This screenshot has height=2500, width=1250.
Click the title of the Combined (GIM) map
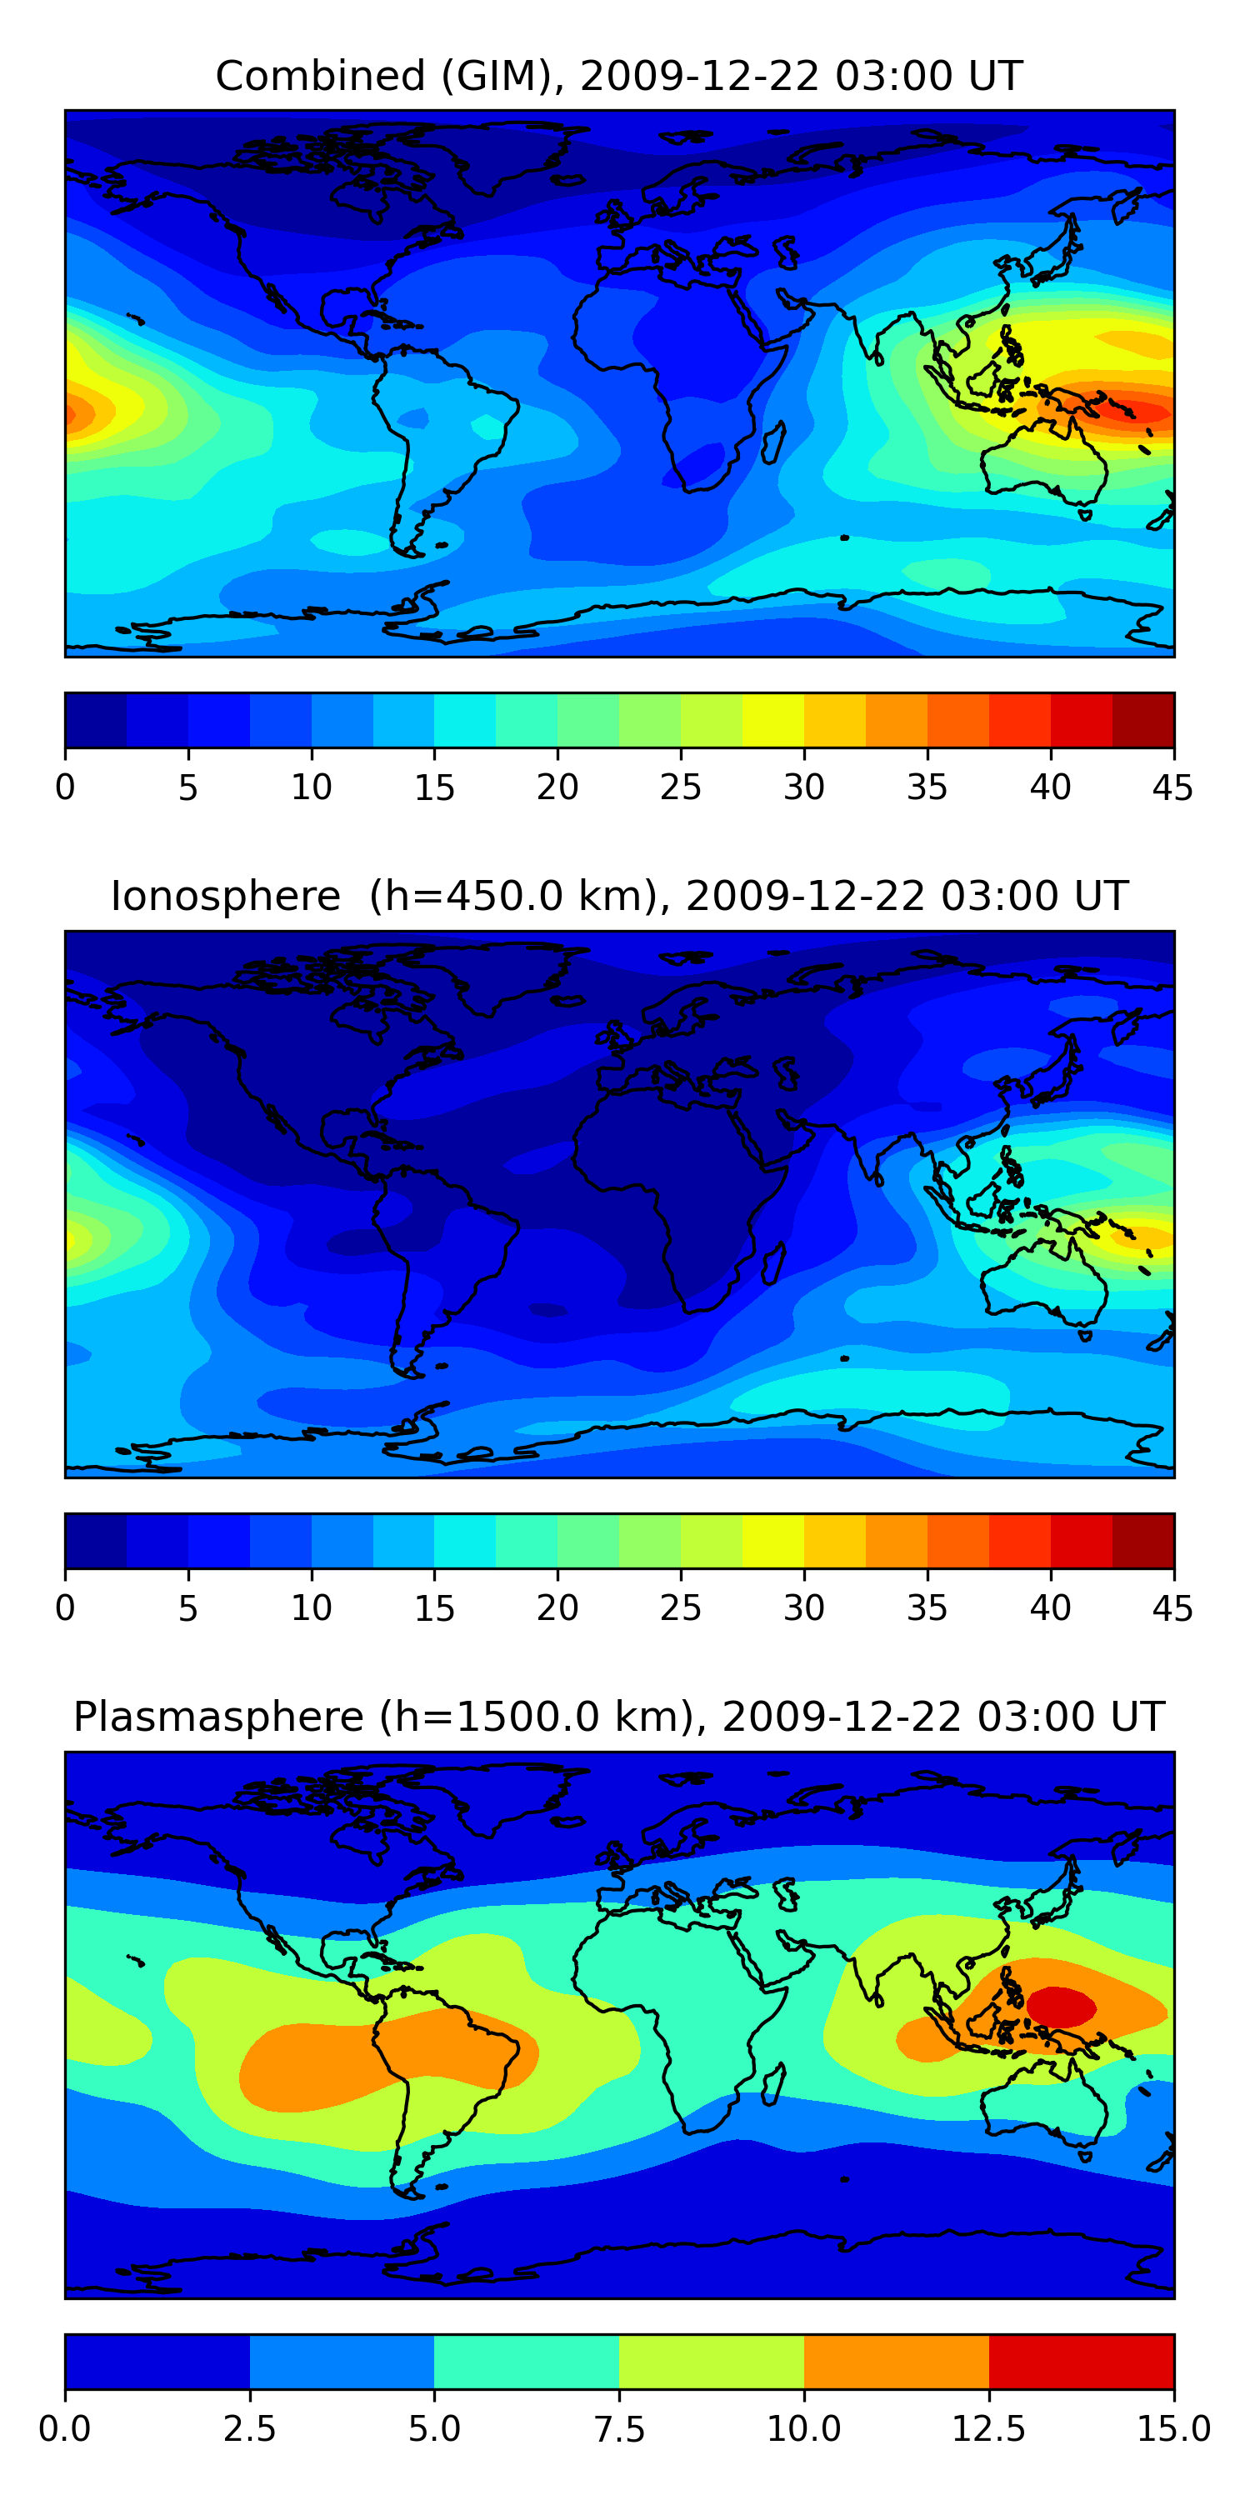[619, 76]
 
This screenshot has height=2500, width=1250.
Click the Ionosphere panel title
[619, 896]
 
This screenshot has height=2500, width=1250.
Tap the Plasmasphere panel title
[619, 1717]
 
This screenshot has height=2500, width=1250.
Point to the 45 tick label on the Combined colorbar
[1172, 787]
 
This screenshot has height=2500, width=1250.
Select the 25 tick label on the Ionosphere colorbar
[680, 1608]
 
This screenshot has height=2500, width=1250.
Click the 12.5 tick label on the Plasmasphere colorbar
[989, 2428]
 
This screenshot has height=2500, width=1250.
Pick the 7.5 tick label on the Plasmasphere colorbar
[619, 2428]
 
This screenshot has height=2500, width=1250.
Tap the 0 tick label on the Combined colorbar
[65, 787]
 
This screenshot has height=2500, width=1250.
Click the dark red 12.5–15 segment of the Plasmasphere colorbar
[1081, 2361]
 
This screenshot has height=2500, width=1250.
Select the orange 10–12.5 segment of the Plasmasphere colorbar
[897, 2361]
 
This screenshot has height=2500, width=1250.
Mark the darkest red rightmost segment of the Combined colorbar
[1143, 720]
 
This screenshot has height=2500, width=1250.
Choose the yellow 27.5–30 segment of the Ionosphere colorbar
[773, 1540]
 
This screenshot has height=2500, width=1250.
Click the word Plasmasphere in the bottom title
[218, 1717]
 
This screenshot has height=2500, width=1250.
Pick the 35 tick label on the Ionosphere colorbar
[927, 1608]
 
